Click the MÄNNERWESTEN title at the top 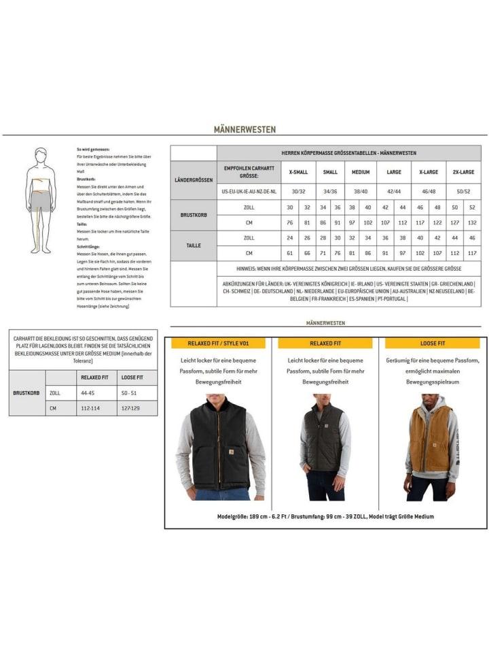244,129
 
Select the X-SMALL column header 298,172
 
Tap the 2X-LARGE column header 463,172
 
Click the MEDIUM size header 360,172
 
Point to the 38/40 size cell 360,192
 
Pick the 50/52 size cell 463,192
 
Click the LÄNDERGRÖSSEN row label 194,180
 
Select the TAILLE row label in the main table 194,246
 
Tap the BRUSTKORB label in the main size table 194,215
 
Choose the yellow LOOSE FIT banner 433,344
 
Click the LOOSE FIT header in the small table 133,377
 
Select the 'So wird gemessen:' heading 93,149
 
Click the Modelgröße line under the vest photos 325,517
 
